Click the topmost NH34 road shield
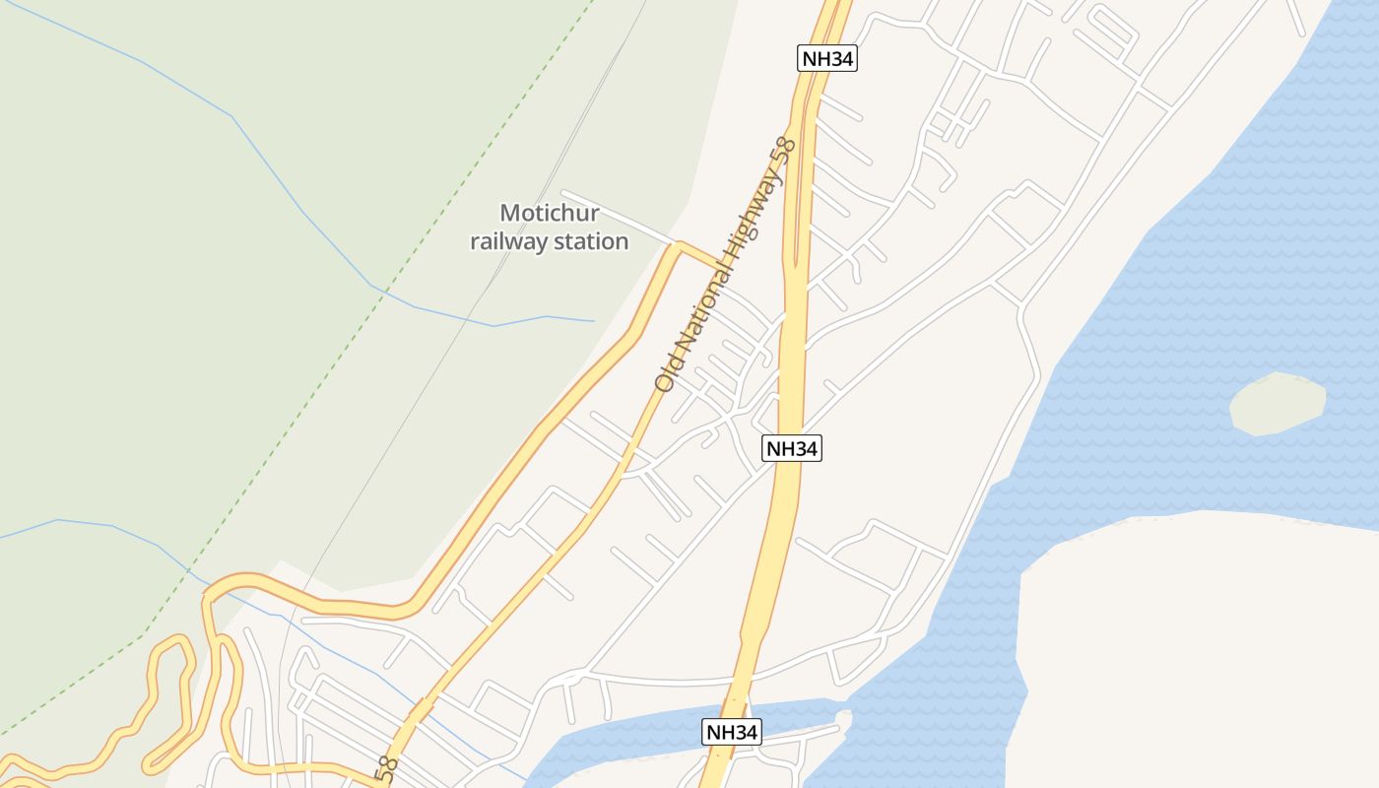[x=826, y=58]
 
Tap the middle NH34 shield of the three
[x=792, y=449]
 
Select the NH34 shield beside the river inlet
[x=731, y=732]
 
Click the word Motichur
[x=549, y=213]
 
